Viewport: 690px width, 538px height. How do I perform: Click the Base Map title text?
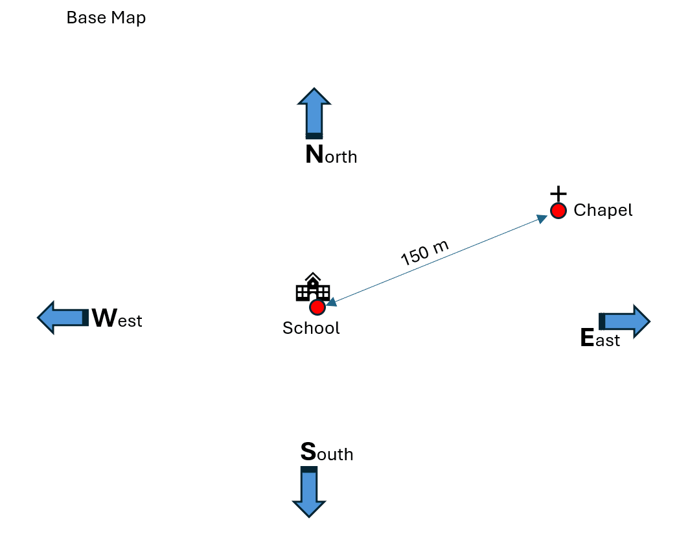coord(106,18)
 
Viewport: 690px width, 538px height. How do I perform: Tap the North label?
coord(331,156)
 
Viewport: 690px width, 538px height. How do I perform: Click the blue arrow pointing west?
coord(62,318)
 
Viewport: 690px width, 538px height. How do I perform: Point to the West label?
coord(117,320)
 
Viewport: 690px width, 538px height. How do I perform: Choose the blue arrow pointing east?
coord(624,321)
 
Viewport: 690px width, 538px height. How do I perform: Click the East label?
coord(600,338)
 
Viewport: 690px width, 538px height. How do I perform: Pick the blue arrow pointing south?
coord(309,491)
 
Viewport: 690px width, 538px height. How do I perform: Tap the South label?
coord(327,452)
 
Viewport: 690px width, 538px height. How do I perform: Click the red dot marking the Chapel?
coord(558,211)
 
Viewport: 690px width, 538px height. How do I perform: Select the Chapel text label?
coord(603,210)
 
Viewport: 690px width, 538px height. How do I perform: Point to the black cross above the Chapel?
coord(558,193)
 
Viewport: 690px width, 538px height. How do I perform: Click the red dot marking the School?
coord(317,307)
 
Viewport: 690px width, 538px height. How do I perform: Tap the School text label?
coord(311,328)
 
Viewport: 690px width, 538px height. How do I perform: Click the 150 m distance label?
coord(424,253)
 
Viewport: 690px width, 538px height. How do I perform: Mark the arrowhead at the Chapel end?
coord(543,219)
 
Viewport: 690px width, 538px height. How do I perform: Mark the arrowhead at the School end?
coord(330,301)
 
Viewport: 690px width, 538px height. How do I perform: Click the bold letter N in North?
coord(314,155)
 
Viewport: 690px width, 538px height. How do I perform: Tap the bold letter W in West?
coord(104,318)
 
